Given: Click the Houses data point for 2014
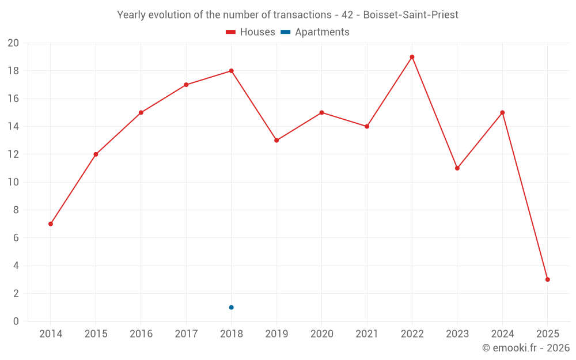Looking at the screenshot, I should click(51, 223).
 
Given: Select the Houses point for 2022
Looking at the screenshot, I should click(412, 57).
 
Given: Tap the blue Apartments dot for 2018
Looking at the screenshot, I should click(231, 307).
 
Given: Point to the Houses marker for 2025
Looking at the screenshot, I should click(547, 279).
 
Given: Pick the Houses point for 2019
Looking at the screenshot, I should click(276, 141).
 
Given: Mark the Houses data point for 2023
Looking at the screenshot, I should click(457, 168).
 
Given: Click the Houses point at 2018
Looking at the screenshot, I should click(231, 71).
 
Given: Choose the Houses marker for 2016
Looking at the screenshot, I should click(141, 112).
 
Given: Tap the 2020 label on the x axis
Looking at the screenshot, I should click(321, 334).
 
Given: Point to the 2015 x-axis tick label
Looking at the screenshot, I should click(96, 334).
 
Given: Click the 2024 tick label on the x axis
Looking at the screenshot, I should click(502, 334).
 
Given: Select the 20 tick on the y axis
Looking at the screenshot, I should click(13, 43).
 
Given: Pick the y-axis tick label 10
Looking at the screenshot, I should click(13, 182).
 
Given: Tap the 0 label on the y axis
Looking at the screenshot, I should click(16, 321).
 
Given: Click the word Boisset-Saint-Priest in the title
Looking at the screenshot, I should click(411, 15).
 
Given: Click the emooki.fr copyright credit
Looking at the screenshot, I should click(526, 348).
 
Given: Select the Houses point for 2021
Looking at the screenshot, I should click(367, 126).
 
